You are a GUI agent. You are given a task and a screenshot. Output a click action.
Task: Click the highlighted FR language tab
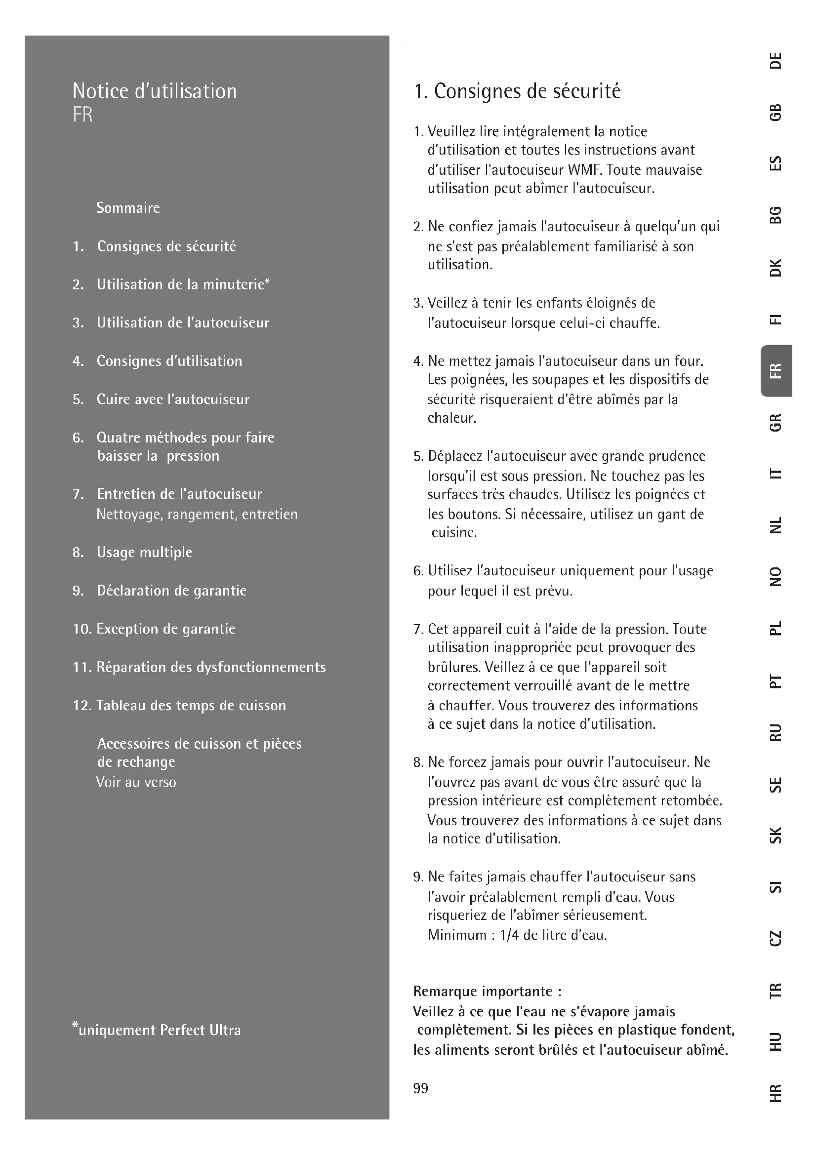(x=776, y=371)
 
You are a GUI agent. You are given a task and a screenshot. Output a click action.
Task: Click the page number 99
(x=420, y=1088)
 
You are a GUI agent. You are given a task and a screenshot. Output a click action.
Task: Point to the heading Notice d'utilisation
(x=155, y=91)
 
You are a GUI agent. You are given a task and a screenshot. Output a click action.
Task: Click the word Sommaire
(x=128, y=208)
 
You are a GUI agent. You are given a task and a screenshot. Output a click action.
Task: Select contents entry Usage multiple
(x=144, y=553)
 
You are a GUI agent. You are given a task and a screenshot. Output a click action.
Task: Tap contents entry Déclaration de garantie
(x=171, y=591)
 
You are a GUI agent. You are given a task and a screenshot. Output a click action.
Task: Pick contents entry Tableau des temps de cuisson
(x=191, y=705)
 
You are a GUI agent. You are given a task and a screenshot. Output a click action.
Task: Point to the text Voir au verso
(x=136, y=782)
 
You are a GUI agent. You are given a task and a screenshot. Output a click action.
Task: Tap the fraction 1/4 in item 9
(x=509, y=935)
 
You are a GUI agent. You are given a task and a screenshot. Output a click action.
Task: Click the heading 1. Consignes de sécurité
(x=517, y=91)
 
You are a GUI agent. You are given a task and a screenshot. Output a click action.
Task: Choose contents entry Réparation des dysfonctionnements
(x=211, y=667)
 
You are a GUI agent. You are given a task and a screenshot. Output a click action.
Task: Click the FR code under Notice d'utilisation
(x=82, y=115)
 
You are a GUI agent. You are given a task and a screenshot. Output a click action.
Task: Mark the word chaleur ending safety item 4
(x=451, y=418)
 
